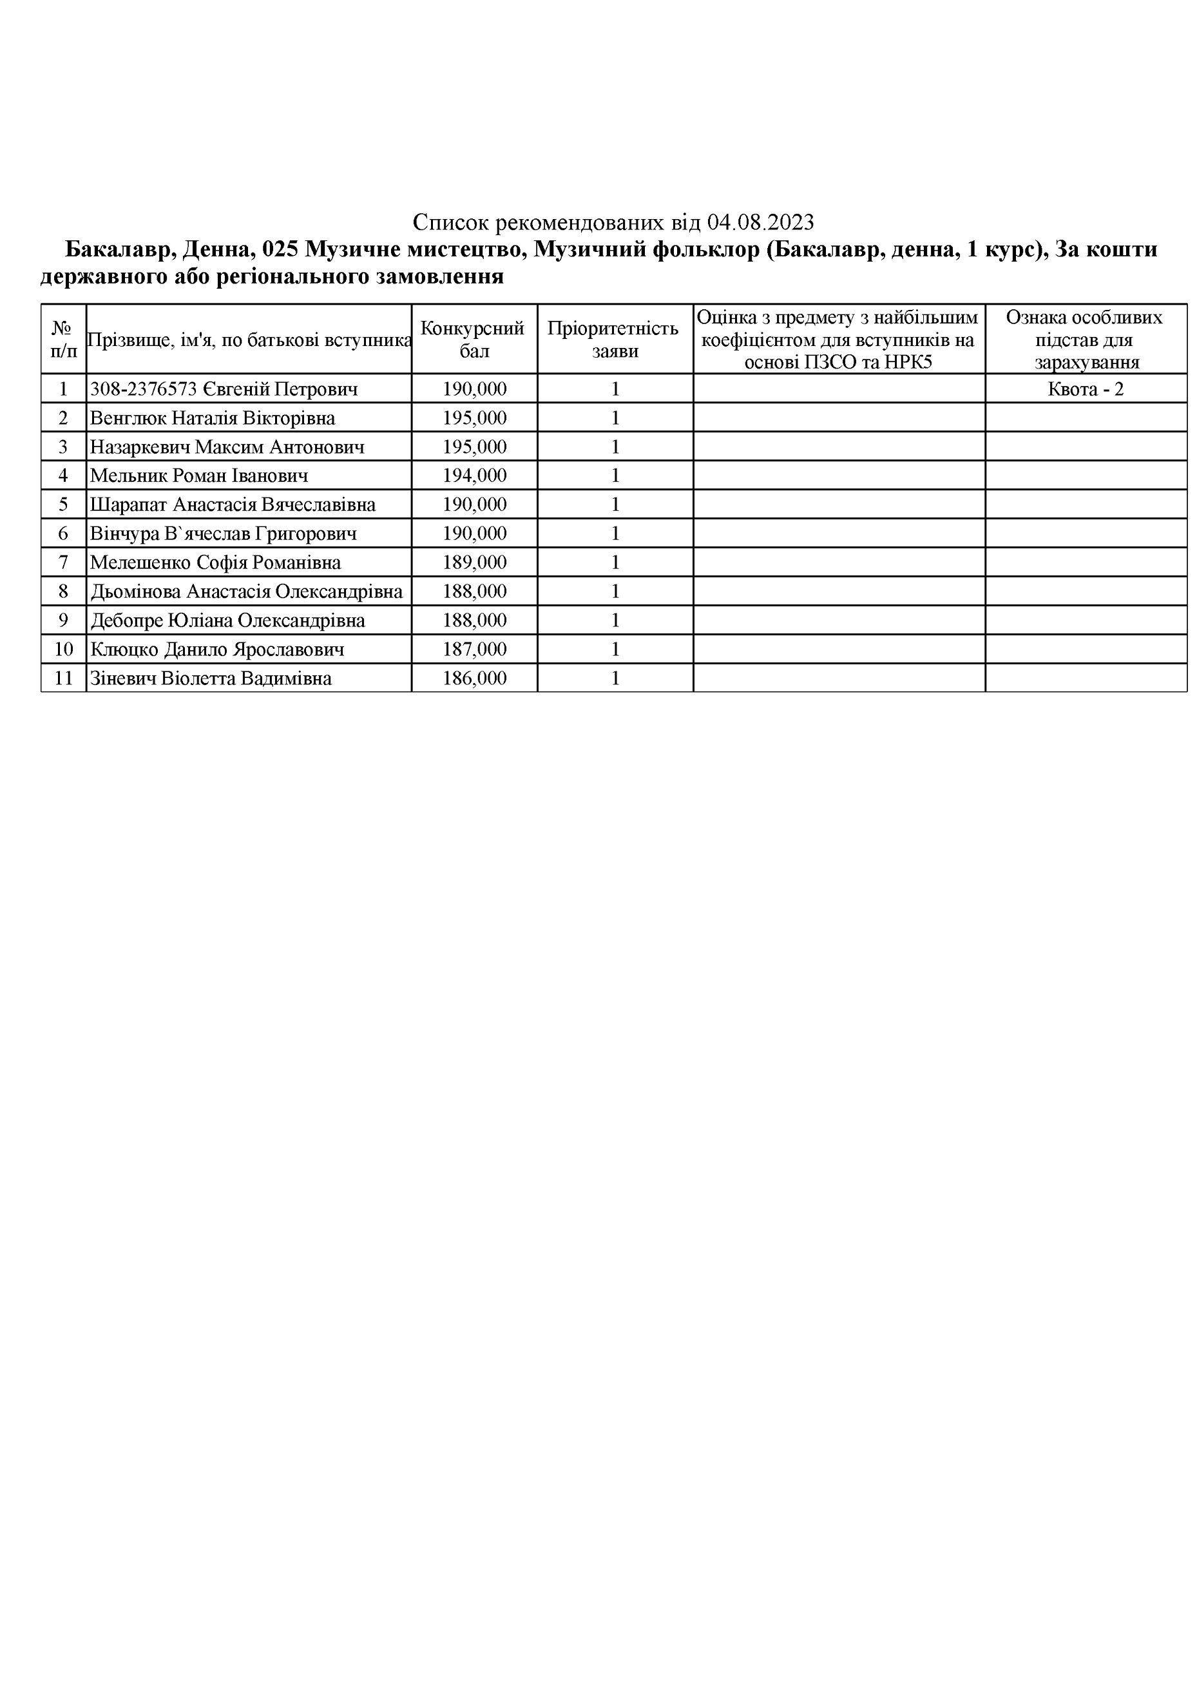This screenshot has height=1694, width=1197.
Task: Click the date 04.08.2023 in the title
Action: pyautogui.click(x=760, y=222)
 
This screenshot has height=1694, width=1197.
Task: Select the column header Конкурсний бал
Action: pyautogui.click(x=474, y=340)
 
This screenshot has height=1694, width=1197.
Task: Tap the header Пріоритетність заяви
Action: pyautogui.click(x=615, y=340)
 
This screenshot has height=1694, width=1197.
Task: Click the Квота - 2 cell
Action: pyautogui.click(x=1085, y=389)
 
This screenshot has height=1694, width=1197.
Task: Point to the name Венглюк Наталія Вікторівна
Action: pyautogui.click(x=213, y=418)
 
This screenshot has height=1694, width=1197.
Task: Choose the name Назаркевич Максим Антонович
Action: pyautogui.click(x=227, y=447)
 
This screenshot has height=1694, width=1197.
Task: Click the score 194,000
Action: pyautogui.click(x=474, y=476)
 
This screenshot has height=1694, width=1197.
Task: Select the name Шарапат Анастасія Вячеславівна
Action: pyautogui.click(x=233, y=505)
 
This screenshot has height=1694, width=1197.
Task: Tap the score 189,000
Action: pyautogui.click(x=474, y=563)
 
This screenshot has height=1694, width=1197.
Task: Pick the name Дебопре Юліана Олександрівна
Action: pyautogui.click(x=227, y=621)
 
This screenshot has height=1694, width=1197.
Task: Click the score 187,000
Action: pyautogui.click(x=474, y=650)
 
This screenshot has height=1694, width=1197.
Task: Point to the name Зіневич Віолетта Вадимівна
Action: pyautogui.click(x=210, y=679)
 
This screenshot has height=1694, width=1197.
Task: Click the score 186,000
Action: pyautogui.click(x=474, y=679)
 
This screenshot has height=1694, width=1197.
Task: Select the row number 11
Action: pyautogui.click(x=63, y=679)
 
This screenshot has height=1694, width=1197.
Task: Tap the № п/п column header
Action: pyautogui.click(x=63, y=340)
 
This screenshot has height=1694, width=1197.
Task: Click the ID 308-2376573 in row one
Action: pyautogui.click(x=143, y=389)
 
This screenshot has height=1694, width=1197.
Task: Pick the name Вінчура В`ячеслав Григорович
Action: pyautogui.click(x=224, y=534)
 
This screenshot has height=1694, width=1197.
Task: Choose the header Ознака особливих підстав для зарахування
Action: pyautogui.click(x=1085, y=340)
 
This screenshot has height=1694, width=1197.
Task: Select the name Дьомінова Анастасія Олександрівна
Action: pyautogui.click(x=246, y=592)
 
